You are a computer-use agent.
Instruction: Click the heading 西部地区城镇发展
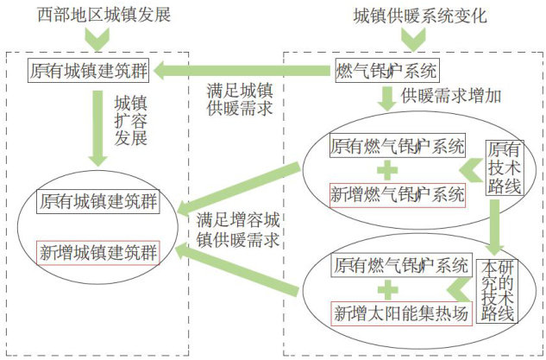[x=103, y=15]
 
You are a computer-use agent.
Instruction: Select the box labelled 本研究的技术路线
[x=497, y=289]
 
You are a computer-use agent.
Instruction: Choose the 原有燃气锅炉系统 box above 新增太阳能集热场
[x=399, y=264]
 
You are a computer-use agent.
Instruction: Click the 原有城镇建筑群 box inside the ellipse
[x=97, y=202]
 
